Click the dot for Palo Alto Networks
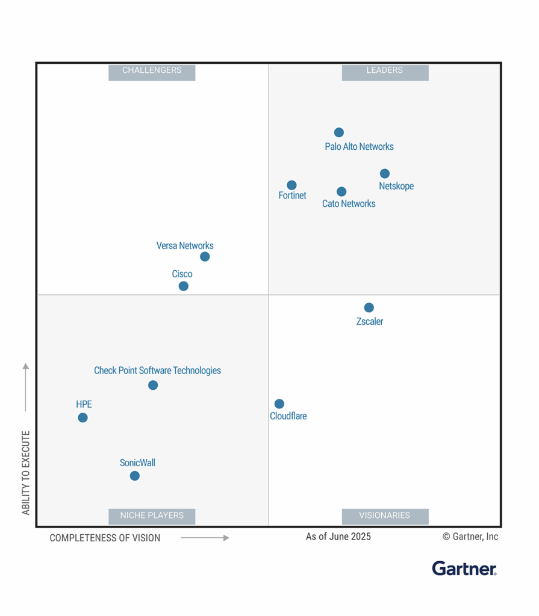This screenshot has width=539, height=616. [x=339, y=132]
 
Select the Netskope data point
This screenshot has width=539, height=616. [x=385, y=174]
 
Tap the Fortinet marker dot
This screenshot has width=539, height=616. [x=291, y=185]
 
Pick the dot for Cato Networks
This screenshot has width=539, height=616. [x=341, y=192]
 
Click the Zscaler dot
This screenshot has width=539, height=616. [x=369, y=308]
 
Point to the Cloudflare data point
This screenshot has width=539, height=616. [x=279, y=404]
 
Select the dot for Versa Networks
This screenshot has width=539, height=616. [x=205, y=257]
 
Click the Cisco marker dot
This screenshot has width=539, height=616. [x=184, y=286]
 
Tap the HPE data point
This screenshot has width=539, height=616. [x=83, y=417]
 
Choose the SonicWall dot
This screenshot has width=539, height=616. [x=135, y=476]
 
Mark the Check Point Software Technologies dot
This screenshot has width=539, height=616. [x=153, y=385]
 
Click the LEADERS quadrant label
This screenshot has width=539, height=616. [x=385, y=71]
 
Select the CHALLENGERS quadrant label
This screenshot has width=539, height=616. [x=152, y=71]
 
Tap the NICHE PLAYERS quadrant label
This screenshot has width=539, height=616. [x=152, y=516]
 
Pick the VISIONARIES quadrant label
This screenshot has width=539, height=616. [x=385, y=516]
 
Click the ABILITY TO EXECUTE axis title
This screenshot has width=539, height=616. [x=26, y=473]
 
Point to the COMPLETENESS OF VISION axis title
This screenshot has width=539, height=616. [x=105, y=538]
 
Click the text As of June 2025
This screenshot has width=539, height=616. [x=338, y=537]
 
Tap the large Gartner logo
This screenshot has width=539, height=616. [x=464, y=568]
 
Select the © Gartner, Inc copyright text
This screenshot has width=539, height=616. [x=470, y=537]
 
